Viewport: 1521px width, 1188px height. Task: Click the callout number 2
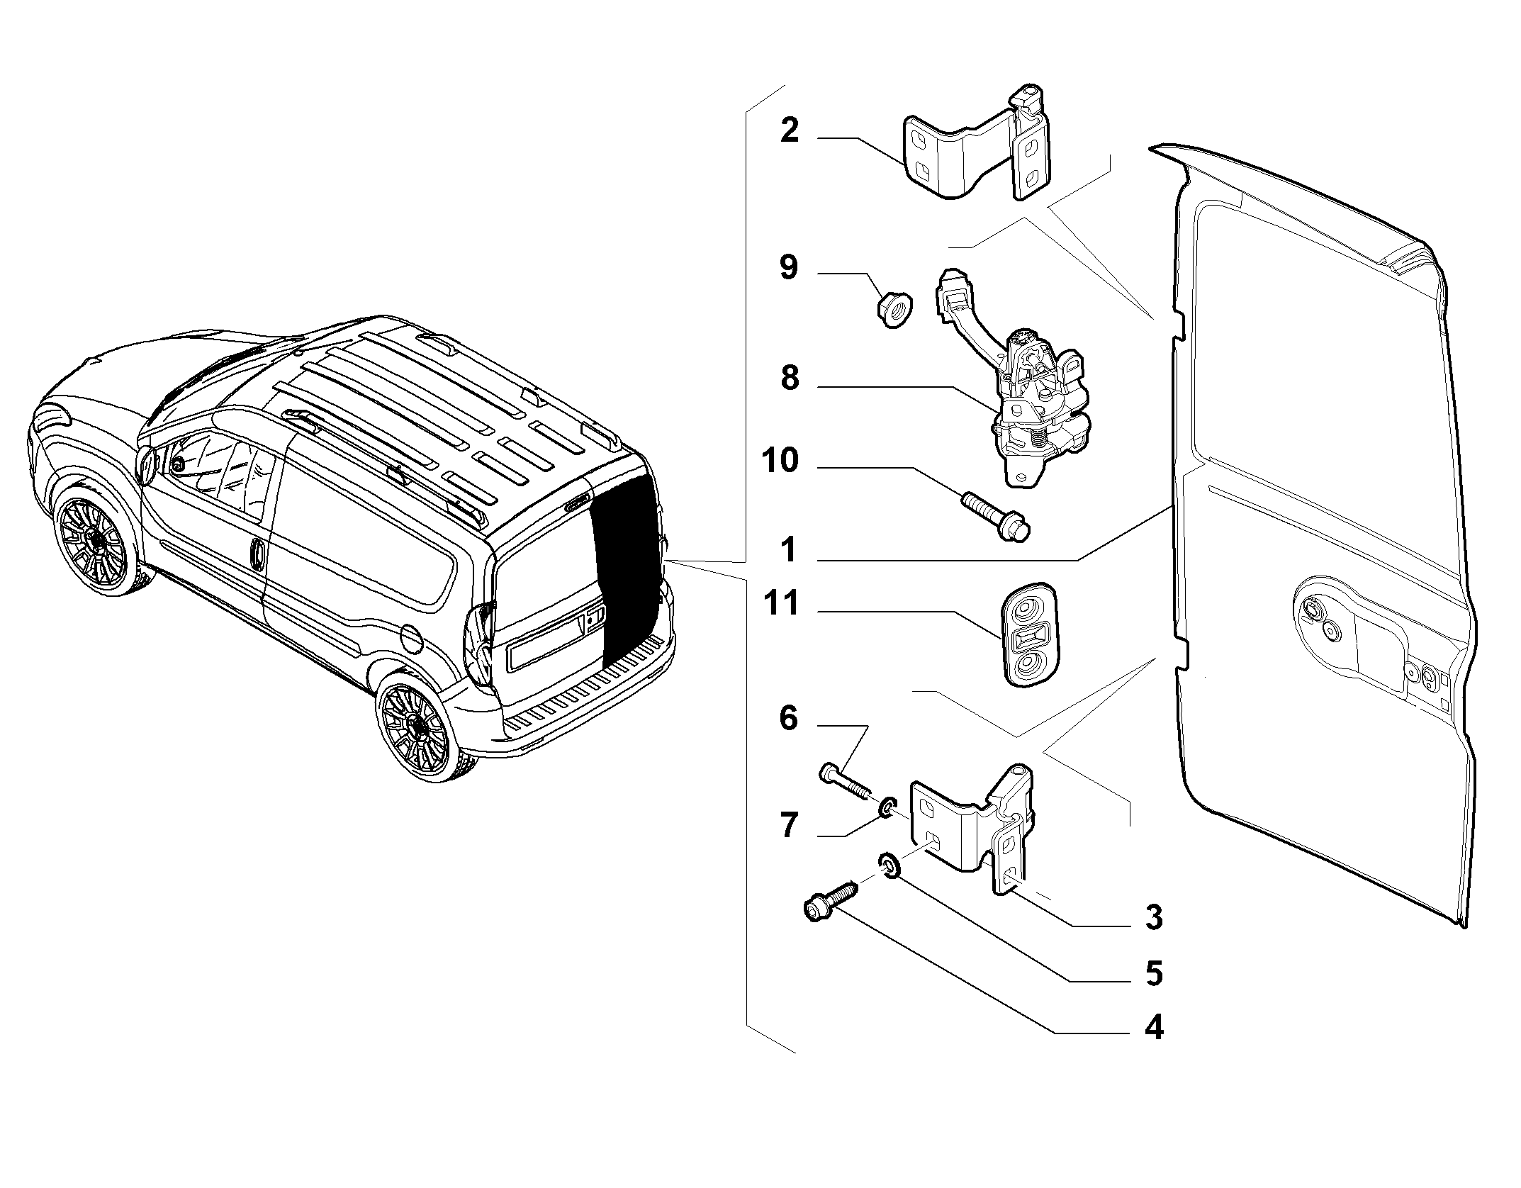790,131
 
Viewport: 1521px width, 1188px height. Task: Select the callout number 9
789,268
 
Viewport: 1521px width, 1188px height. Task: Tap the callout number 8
790,379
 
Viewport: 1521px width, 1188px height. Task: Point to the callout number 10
780,461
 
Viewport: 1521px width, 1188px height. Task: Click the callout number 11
781,604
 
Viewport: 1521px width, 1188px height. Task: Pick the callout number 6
788,719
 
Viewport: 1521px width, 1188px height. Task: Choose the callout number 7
789,826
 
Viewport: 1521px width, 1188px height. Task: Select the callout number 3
1154,918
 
